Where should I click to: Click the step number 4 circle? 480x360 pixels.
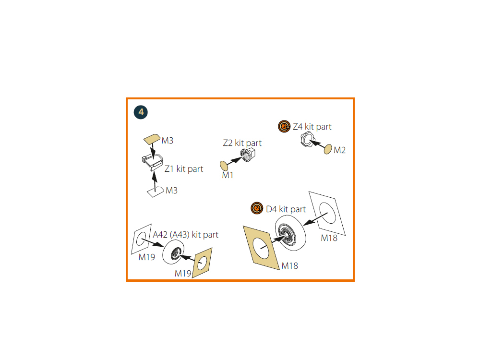click(x=141, y=112)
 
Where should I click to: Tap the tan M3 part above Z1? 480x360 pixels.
click(x=152, y=139)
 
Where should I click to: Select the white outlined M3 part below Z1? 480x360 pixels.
click(x=155, y=192)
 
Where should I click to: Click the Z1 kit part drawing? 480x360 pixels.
click(x=153, y=162)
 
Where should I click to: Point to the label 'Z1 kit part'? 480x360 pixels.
click(x=184, y=169)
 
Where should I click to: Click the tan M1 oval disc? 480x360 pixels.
click(x=224, y=166)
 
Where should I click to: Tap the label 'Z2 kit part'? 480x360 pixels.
click(x=242, y=143)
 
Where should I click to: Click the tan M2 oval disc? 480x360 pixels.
click(x=328, y=149)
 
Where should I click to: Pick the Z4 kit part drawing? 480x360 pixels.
click(x=308, y=140)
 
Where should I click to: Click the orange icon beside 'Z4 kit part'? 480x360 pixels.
click(x=284, y=126)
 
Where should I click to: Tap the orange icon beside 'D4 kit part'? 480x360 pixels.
click(x=257, y=208)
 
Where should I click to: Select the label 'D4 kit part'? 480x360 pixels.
click(x=286, y=209)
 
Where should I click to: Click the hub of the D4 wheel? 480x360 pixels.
click(x=287, y=234)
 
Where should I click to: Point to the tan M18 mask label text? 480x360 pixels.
click(x=290, y=266)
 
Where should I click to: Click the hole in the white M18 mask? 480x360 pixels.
click(x=327, y=213)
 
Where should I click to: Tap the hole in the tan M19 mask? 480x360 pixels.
click(x=203, y=263)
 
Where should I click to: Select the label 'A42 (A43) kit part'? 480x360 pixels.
click(x=185, y=235)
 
